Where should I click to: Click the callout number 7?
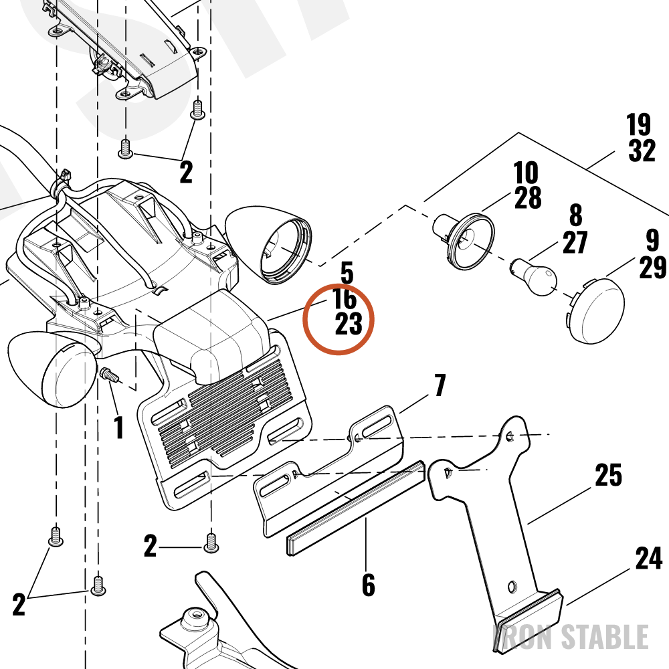pos(440,385)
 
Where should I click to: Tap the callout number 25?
pos(608,475)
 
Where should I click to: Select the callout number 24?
pos(649,558)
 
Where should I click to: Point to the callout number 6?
pos(369,585)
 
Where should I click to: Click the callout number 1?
pos(119,427)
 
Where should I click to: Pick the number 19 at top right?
pos(639,124)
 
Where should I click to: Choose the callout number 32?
pos(642,150)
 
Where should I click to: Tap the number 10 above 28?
pos(526,173)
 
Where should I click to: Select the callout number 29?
pos(653,267)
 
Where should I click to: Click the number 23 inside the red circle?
pos(349,324)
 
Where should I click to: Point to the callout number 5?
pos(347,273)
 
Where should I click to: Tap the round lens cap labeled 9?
pos(596,310)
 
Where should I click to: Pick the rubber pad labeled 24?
pos(529,622)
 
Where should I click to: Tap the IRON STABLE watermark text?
pos(571,637)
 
